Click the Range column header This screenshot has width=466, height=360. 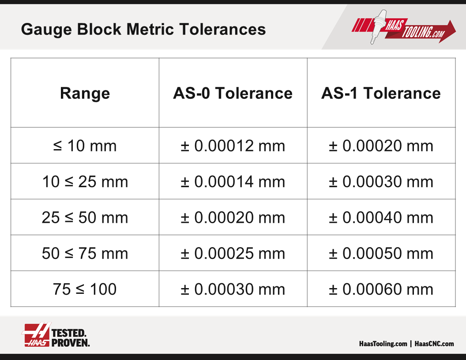[x=85, y=94]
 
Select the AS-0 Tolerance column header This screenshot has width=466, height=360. [x=233, y=93]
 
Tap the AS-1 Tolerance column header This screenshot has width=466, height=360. [x=381, y=93]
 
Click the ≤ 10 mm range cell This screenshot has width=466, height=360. [x=85, y=146]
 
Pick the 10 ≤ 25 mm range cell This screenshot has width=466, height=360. [x=85, y=181]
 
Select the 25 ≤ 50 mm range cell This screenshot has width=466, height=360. [x=85, y=217]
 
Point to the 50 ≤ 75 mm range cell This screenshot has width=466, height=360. [x=85, y=253]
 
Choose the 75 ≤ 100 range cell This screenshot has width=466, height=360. [x=85, y=289]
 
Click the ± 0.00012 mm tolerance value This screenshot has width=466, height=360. [x=233, y=146]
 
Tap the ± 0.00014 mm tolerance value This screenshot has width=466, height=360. [x=233, y=181]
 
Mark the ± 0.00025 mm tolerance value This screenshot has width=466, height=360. [x=233, y=253]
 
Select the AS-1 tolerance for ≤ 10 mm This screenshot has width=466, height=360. [x=381, y=146]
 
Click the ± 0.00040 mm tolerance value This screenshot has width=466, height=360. [x=381, y=217]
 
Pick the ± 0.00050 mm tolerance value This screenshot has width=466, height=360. [x=381, y=253]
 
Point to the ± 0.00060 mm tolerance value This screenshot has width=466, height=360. [x=381, y=289]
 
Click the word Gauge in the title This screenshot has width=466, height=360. [x=46, y=30]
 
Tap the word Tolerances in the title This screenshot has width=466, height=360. [x=222, y=29]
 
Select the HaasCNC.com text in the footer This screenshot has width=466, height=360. [x=434, y=344]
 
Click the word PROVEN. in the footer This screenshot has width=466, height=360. [x=71, y=343]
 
